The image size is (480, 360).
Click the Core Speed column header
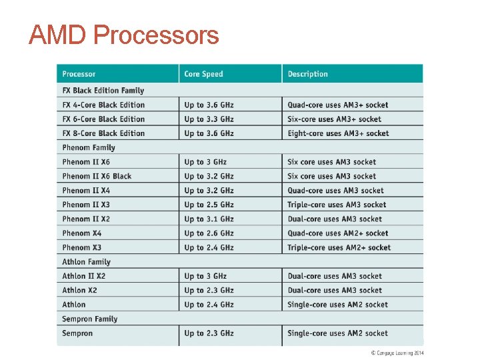point(203,74)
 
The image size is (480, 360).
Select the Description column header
point(307,74)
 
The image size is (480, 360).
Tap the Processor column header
point(79,74)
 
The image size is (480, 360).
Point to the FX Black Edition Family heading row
point(103,91)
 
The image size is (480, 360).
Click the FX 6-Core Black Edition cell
point(103,119)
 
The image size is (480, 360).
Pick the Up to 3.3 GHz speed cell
point(209,119)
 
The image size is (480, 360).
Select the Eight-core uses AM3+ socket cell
point(338,133)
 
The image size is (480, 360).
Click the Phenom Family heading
point(89,148)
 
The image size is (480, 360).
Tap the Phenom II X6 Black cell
point(97,177)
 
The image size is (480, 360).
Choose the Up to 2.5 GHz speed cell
point(209,205)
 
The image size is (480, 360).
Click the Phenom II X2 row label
point(86,219)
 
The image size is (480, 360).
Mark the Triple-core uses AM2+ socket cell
point(339,248)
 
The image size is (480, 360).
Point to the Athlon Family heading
point(86,262)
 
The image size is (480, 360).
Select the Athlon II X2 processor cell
point(84,276)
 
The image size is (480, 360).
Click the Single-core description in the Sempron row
point(337,333)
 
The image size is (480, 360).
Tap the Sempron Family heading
point(89,319)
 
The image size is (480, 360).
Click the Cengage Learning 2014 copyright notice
point(397,353)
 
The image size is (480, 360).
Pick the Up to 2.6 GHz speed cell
point(209,233)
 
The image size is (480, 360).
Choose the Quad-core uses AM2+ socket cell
point(337,233)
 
